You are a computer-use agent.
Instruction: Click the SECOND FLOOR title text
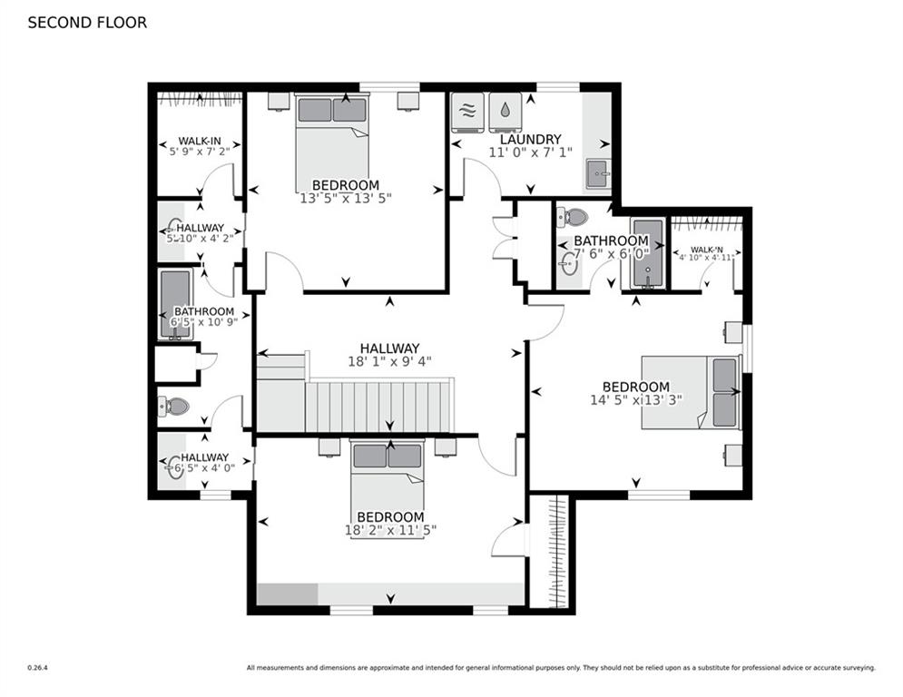pyautogui.click(x=87, y=23)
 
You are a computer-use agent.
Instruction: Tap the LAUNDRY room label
pyautogui.click(x=525, y=140)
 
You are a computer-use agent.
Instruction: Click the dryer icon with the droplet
pyautogui.click(x=505, y=112)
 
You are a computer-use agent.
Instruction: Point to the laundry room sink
pyautogui.click(x=598, y=173)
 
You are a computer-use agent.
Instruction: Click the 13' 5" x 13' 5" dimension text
pyautogui.click(x=346, y=197)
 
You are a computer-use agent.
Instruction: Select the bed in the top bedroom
pyautogui.click(x=331, y=131)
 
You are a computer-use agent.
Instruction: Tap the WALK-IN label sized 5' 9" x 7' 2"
pyautogui.click(x=200, y=141)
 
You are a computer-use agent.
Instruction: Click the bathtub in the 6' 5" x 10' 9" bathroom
pyautogui.click(x=175, y=303)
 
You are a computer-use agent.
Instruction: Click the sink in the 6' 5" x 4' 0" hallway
pyautogui.click(x=174, y=469)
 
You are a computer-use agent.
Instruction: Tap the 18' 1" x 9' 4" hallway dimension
pyautogui.click(x=389, y=360)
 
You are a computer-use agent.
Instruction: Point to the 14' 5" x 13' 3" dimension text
pyautogui.click(x=635, y=399)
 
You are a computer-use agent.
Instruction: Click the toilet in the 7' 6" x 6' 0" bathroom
pyautogui.click(x=573, y=217)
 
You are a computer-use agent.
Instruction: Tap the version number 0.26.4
pyautogui.click(x=37, y=668)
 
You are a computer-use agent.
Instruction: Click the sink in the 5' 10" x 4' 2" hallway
pyautogui.click(x=173, y=226)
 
